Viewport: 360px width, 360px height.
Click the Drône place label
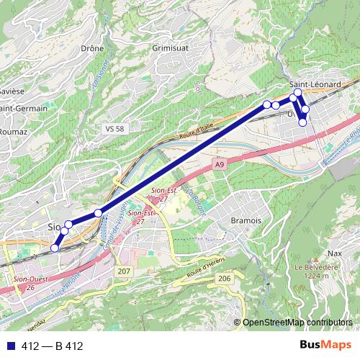coord(93,49)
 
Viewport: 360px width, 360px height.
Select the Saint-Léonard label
coord(315,85)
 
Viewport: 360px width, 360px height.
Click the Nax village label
coord(334,253)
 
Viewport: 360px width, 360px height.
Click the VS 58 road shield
coord(115,128)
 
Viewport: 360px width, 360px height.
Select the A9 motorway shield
coord(220,166)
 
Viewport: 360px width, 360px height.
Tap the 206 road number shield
coord(225,278)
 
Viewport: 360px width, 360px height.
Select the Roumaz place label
coord(13,132)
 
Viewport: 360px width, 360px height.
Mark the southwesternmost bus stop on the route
coord(54,248)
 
